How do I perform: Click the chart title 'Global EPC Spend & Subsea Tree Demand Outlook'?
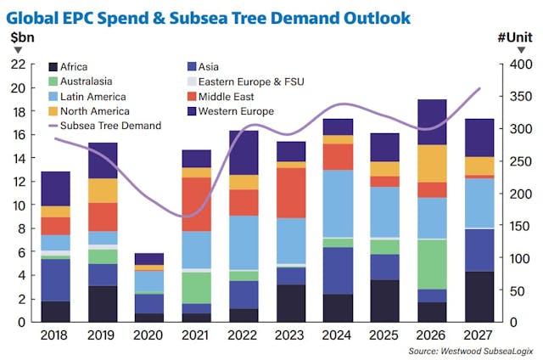(210, 17)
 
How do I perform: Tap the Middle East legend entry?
(230, 97)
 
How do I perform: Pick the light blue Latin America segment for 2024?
(339, 204)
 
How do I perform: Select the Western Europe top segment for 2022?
(245, 153)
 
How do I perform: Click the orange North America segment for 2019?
(103, 190)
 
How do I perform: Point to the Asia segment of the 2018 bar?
(55, 280)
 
